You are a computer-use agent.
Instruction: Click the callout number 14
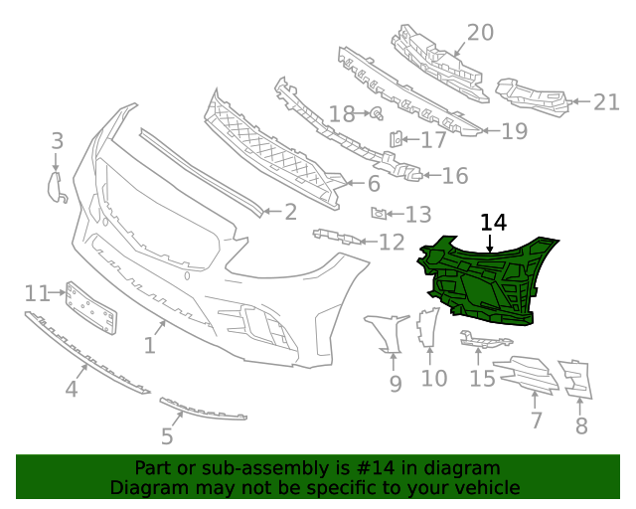tap(493, 222)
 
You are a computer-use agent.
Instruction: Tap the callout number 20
tap(480, 33)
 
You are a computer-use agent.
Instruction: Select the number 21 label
tap(606, 100)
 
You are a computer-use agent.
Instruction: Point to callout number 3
tap(57, 141)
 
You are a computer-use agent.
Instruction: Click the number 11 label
tap(37, 293)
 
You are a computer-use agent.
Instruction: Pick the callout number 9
tap(396, 384)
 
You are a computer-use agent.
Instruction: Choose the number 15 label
tap(482, 378)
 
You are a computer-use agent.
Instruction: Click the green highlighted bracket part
tap(487, 283)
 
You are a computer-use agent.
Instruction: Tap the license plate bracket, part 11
tap(92, 308)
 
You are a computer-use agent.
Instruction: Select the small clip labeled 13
tap(379, 212)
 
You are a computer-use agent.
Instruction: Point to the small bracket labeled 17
tap(396, 139)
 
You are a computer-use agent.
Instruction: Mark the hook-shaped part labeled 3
tap(57, 186)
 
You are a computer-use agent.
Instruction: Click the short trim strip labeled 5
tap(203, 409)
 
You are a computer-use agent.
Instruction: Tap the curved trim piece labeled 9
tap(388, 333)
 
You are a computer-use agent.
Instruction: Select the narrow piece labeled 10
tap(428, 328)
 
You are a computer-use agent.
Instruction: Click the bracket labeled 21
tap(531, 93)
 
